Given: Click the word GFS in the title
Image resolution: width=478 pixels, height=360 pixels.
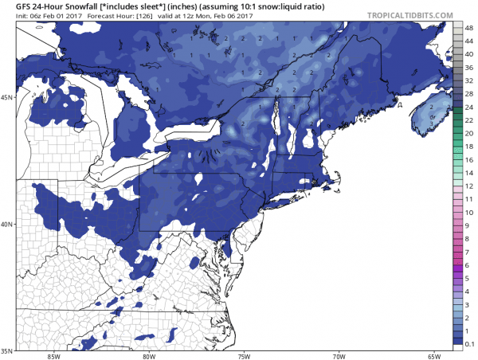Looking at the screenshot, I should pos(13,6).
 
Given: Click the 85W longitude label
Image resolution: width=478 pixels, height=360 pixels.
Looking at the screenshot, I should pos(54,355).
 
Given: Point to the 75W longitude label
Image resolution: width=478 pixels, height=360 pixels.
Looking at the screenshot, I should pos(245,355).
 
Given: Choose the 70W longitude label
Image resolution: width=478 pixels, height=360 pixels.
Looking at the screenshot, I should pos(339,355).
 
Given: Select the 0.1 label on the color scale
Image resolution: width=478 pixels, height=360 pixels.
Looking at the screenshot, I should pos(468,342).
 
